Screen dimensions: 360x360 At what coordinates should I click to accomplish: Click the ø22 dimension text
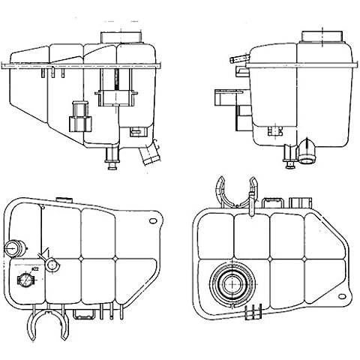[35, 271]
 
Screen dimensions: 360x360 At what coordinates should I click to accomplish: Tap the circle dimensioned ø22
[23, 282]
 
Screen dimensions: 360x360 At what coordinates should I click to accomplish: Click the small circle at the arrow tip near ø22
[51, 265]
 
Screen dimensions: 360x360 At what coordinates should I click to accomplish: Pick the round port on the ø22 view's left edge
[12, 248]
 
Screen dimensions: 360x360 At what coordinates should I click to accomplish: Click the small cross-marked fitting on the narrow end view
[286, 154]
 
